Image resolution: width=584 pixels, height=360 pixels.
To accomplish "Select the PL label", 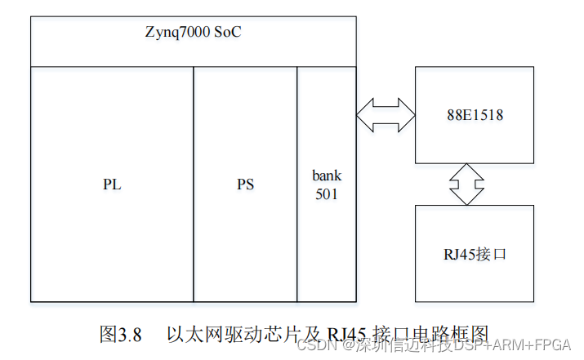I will pyautogui.click(x=112, y=184).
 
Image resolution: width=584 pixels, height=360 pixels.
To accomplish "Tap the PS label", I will pyautogui.click(x=245, y=184).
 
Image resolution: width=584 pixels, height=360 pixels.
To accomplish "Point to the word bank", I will pyautogui.click(x=327, y=176).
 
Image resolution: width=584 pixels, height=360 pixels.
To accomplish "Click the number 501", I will pyautogui.click(x=326, y=194).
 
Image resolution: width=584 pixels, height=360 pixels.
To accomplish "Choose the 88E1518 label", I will pyautogui.click(x=475, y=115).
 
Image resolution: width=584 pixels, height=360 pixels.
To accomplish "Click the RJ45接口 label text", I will pyautogui.click(x=474, y=254).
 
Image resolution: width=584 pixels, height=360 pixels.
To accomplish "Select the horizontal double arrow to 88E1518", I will pyautogui.click(x=386, y=113).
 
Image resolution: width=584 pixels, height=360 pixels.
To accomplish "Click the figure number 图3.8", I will pyautogui.click(x=121, y=334).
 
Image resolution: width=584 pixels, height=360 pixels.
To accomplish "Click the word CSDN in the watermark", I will pyautogui.click(x=311, y=346).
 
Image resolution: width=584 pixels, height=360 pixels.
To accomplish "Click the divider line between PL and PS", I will pyautogui.click(x=194, y=184).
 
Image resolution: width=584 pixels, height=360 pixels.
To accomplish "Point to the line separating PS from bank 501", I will pyautogui.click(x=297, y=184).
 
